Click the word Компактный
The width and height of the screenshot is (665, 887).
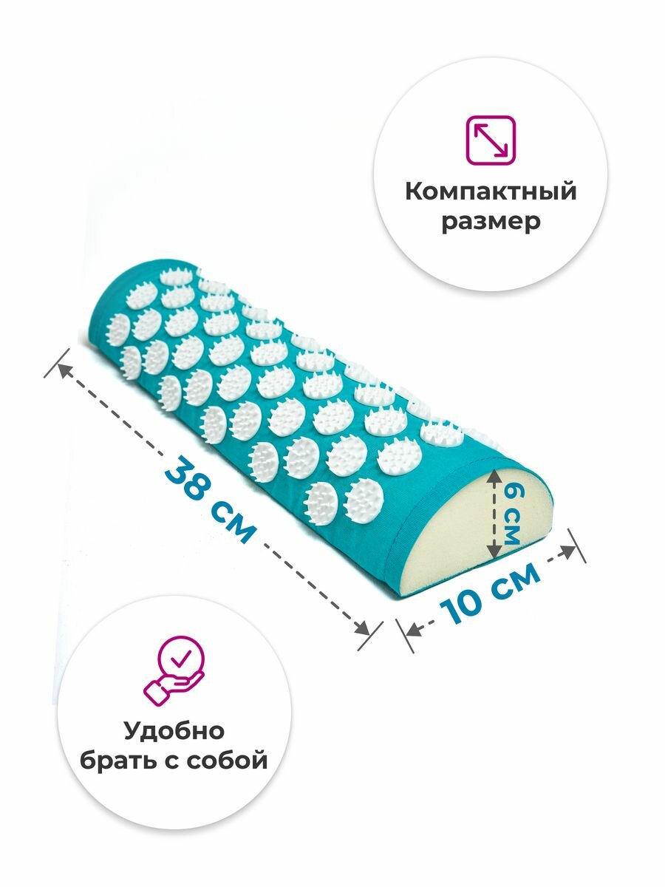tap(491, 192)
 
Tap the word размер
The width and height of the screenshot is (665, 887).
tap(491, 222)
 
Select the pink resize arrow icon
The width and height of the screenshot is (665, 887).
tap(491, 139)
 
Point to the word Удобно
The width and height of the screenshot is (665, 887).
tap(174, 732)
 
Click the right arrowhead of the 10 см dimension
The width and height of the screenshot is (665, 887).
tap(570, 551)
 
